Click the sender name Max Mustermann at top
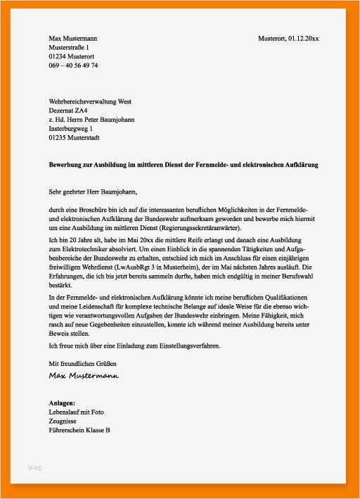(73, 37)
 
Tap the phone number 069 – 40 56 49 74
(73, 65)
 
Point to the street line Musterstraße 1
(69, 46)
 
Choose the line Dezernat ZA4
(68, 111)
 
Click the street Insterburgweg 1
(73, 130)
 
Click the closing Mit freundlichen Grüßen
(82, 363)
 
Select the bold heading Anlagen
(62, 403)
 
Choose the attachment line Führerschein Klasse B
(79, 430)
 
